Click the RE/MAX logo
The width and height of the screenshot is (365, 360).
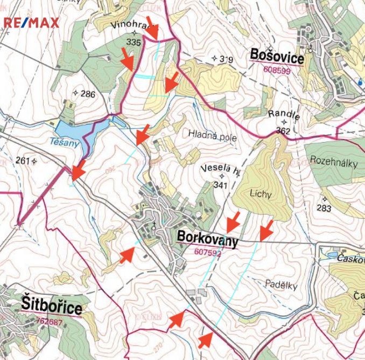pos(31,23)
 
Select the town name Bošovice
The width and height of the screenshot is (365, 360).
pos(277,56)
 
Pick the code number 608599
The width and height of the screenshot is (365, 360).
pos(277,70)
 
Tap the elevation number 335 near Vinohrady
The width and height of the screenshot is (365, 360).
pos(134,42)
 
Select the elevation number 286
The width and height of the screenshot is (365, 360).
pos(87,94)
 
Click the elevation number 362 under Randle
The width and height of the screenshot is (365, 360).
pos(283,131)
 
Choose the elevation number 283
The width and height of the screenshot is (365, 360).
pos(324,208)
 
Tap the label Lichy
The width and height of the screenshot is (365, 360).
pos(261,193)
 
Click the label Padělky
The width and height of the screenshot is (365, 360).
pos(281,285)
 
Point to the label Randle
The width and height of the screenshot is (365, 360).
pos(284,115)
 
